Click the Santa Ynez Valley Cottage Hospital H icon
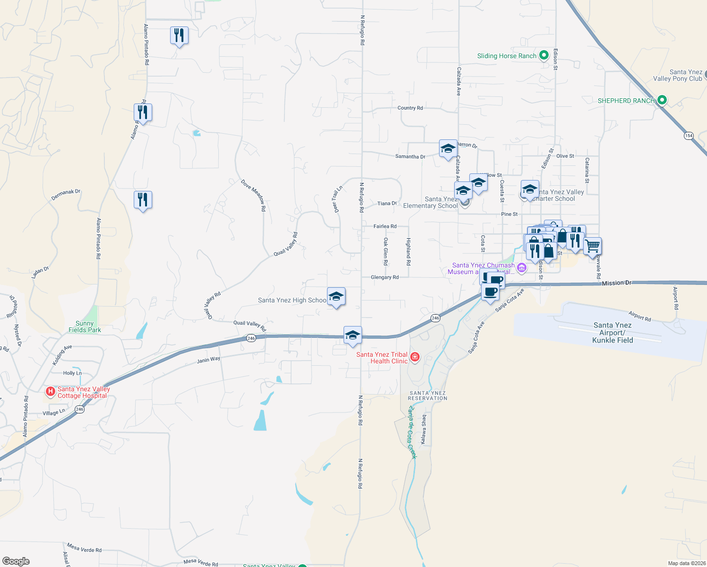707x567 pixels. click(x=50, y=391)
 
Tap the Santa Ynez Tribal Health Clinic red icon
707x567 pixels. click(x=414, y=357)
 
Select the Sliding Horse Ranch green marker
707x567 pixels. click(x=543, y=55)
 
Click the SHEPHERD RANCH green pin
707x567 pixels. click(x=662, y=100)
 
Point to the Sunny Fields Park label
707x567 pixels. click(x=85, y=326)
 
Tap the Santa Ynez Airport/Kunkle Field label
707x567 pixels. click(x=612, y=333)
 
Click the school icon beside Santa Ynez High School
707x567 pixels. click(x=336, y=297)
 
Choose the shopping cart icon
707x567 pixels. click(x=592, y=246)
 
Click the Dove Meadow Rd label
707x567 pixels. click(x=254, y=192)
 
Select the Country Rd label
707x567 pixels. click(x=410, y=108)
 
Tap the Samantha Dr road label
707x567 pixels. click(x=410, y=156)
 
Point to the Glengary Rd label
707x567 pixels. click(x=385, y=277)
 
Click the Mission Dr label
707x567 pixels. click(x=617, y=283)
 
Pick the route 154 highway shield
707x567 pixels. click(x=689, y=136)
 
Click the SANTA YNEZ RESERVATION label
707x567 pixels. click(x=427, y=395)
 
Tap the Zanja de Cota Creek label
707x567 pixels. click(x=412, y=432)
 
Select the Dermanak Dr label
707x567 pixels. click(x=66, y=195)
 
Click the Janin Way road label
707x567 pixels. click(x=208, y=360)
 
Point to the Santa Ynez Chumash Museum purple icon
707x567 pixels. click(x=521, y=268)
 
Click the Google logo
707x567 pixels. click(x=16, y=561)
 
